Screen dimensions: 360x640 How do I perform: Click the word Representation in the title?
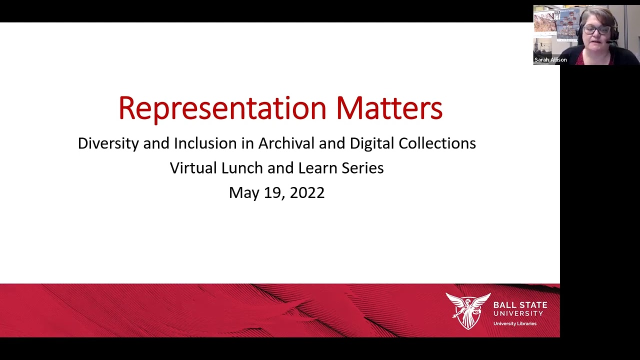click(222, 108)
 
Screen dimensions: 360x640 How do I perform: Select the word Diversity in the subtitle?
click(108, 143)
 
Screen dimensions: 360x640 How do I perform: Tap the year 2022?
click(307, 193)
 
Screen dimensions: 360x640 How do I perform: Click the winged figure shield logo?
click(468, 310)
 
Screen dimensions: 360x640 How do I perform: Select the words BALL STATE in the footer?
click(520, 304)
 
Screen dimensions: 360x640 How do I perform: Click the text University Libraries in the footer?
click(514, 323)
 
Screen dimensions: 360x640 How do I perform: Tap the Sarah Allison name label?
click(550, 60)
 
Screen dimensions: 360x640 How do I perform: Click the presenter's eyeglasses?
click(596, 30)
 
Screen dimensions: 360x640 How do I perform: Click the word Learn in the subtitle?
click(318, 168)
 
